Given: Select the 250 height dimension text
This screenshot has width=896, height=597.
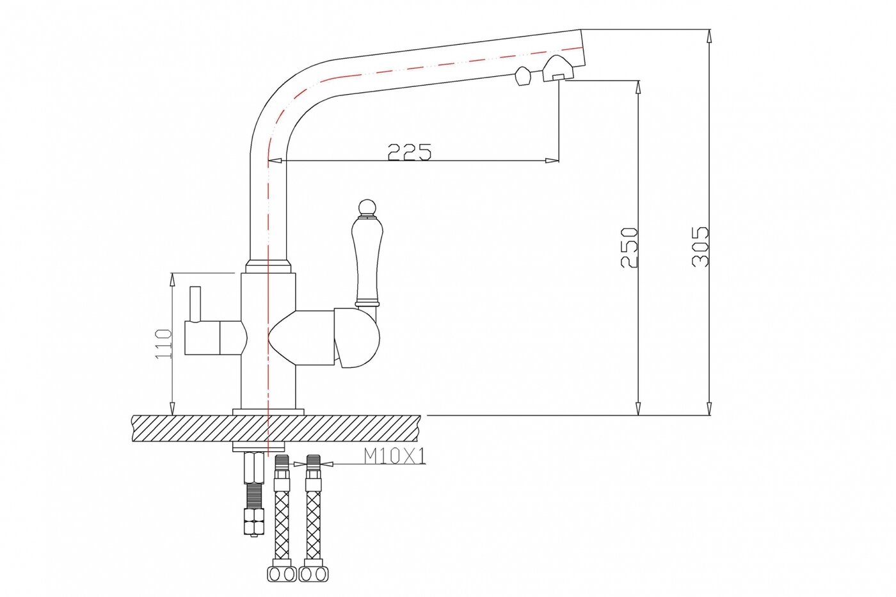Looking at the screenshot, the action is (x=629, y=248).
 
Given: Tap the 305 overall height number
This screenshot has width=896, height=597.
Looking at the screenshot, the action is (x=701, y=246).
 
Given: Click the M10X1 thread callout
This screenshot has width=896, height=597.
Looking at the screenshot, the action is (x=395, y=456).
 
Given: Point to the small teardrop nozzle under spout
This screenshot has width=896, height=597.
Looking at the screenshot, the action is (x=522, y=77).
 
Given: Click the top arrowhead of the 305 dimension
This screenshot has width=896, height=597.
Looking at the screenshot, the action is (x=708, y=35).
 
